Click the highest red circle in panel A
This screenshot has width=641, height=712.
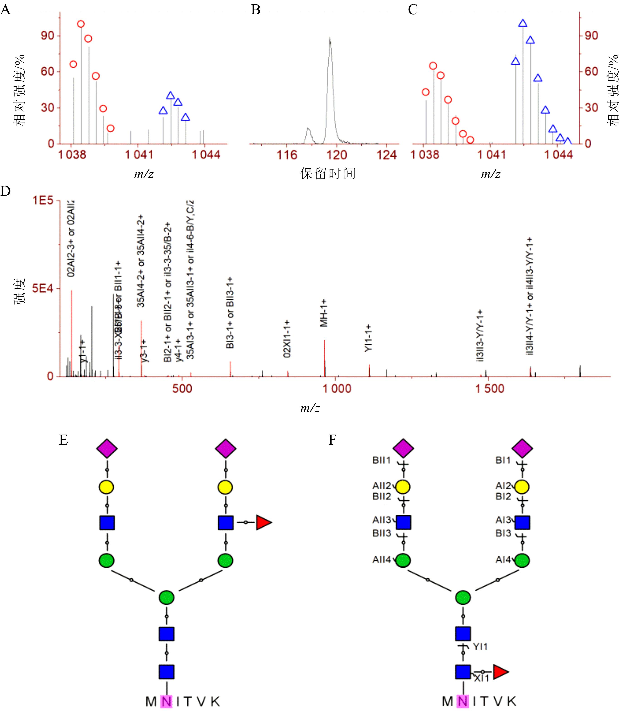(x=81, y=24)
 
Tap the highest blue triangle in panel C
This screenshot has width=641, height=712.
(x=523, y=24)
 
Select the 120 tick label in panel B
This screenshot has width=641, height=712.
(x=337, y=155)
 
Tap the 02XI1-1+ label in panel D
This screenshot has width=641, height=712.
(x=287, y=339)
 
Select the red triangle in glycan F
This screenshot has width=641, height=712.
(x=500, y=672)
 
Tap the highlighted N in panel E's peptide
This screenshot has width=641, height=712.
(x=166, y=701)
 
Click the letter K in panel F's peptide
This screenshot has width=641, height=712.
(x=512, y=701)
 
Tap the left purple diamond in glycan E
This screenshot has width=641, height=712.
(x=107, y=448)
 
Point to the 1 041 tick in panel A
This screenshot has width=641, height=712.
(x=139, y=155)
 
